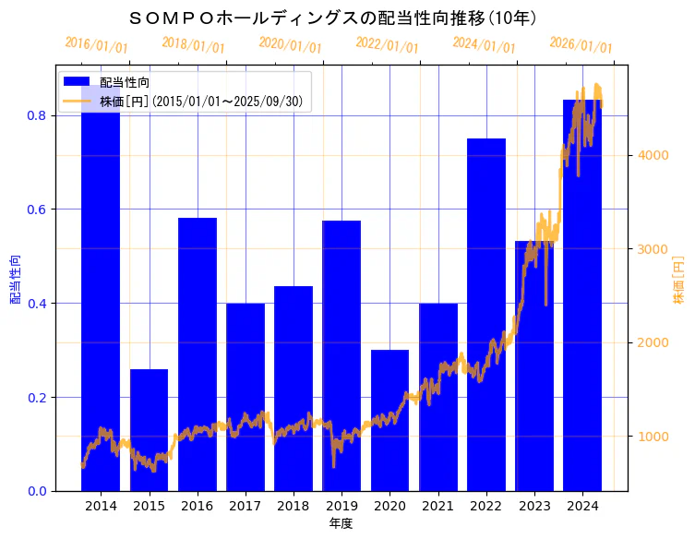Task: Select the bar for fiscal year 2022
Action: (x=486, y=314)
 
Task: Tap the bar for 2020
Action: (x=389, y=420)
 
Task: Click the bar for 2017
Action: (x=246, y=397)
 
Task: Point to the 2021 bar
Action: (x=438, y=397)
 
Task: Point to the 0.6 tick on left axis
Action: (x=41, y=210)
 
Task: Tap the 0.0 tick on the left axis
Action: (x=41, y=491)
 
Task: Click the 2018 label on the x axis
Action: (x=294, y=506)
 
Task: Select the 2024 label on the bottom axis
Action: (x=583, y=506)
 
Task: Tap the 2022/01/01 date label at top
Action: (x=387, y=45)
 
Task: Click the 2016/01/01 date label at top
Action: (x=96, y=45)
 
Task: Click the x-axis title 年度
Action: (x=342, y=523)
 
